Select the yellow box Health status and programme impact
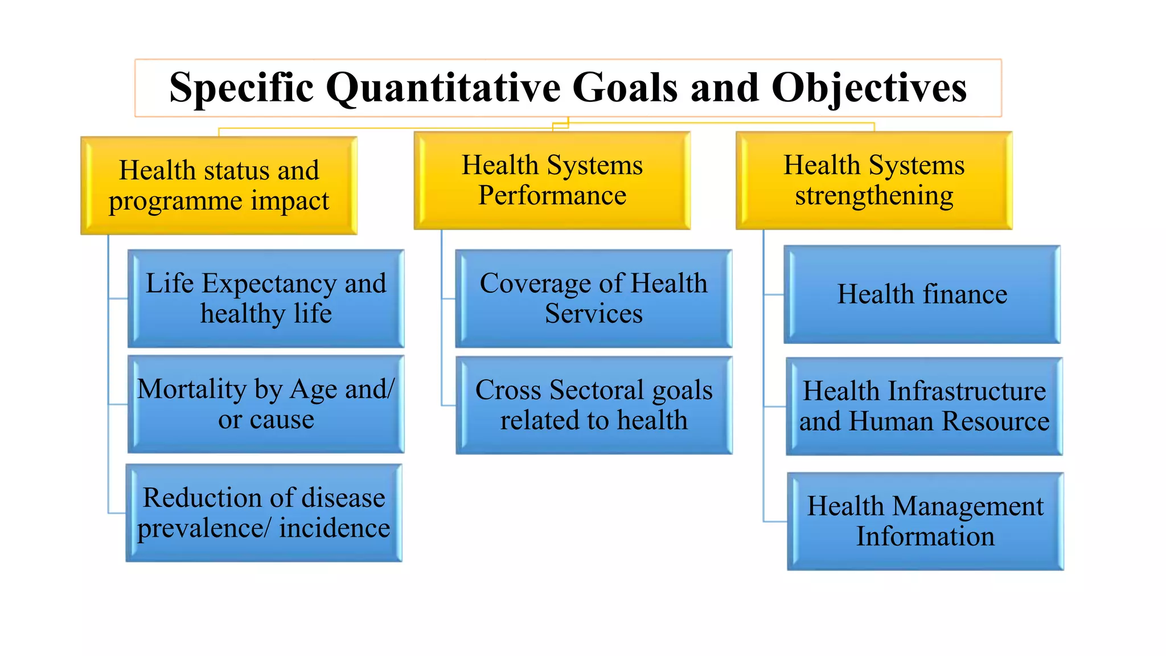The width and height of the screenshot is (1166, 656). (x=219, y=186)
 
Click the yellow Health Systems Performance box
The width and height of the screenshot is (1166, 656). (x=552, y=181)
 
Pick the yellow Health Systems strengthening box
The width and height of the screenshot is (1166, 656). (x=873, y=181)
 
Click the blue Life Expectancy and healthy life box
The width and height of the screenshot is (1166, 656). (x=266, y=298)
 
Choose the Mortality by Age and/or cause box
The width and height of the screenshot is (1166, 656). (x=266, y=404)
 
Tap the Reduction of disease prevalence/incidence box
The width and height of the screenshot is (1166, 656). (x=264, y=513)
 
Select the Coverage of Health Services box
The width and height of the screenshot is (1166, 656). (x=593, y=298)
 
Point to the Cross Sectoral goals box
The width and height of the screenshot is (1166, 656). (x=593, y=405)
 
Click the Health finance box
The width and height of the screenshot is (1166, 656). (x=922, y=294)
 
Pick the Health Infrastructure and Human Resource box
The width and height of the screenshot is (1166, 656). (x=924, y=406)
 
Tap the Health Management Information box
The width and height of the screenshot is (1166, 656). (x=925, y=521)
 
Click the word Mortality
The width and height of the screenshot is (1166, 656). (x=192, y=389)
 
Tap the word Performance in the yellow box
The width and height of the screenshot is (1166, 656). (x=552, y=196)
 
